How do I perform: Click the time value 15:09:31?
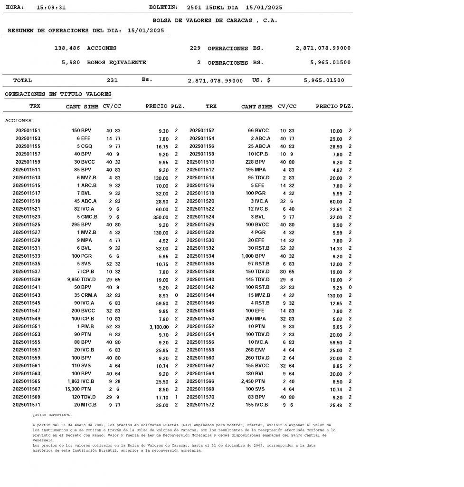click(x=51, y=8)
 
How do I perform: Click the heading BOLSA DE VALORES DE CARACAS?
click(x=215, y=20)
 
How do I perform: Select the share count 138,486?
click(x=67, y=49)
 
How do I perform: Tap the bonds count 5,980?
click(x=71, y=63)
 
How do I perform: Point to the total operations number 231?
click(x=112, y=81)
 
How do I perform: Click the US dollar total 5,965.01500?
click(x=324, y=81)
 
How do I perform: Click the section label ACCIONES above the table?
click(x=18, y=121)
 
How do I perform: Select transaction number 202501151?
click(x=28, y=131)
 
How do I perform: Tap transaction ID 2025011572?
click(x=200, y=405)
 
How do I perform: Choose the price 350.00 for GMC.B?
click(x=160, y=217)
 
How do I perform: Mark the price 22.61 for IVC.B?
click(x=335, y=209)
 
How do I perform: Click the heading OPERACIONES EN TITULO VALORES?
click(x=58, y=95)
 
